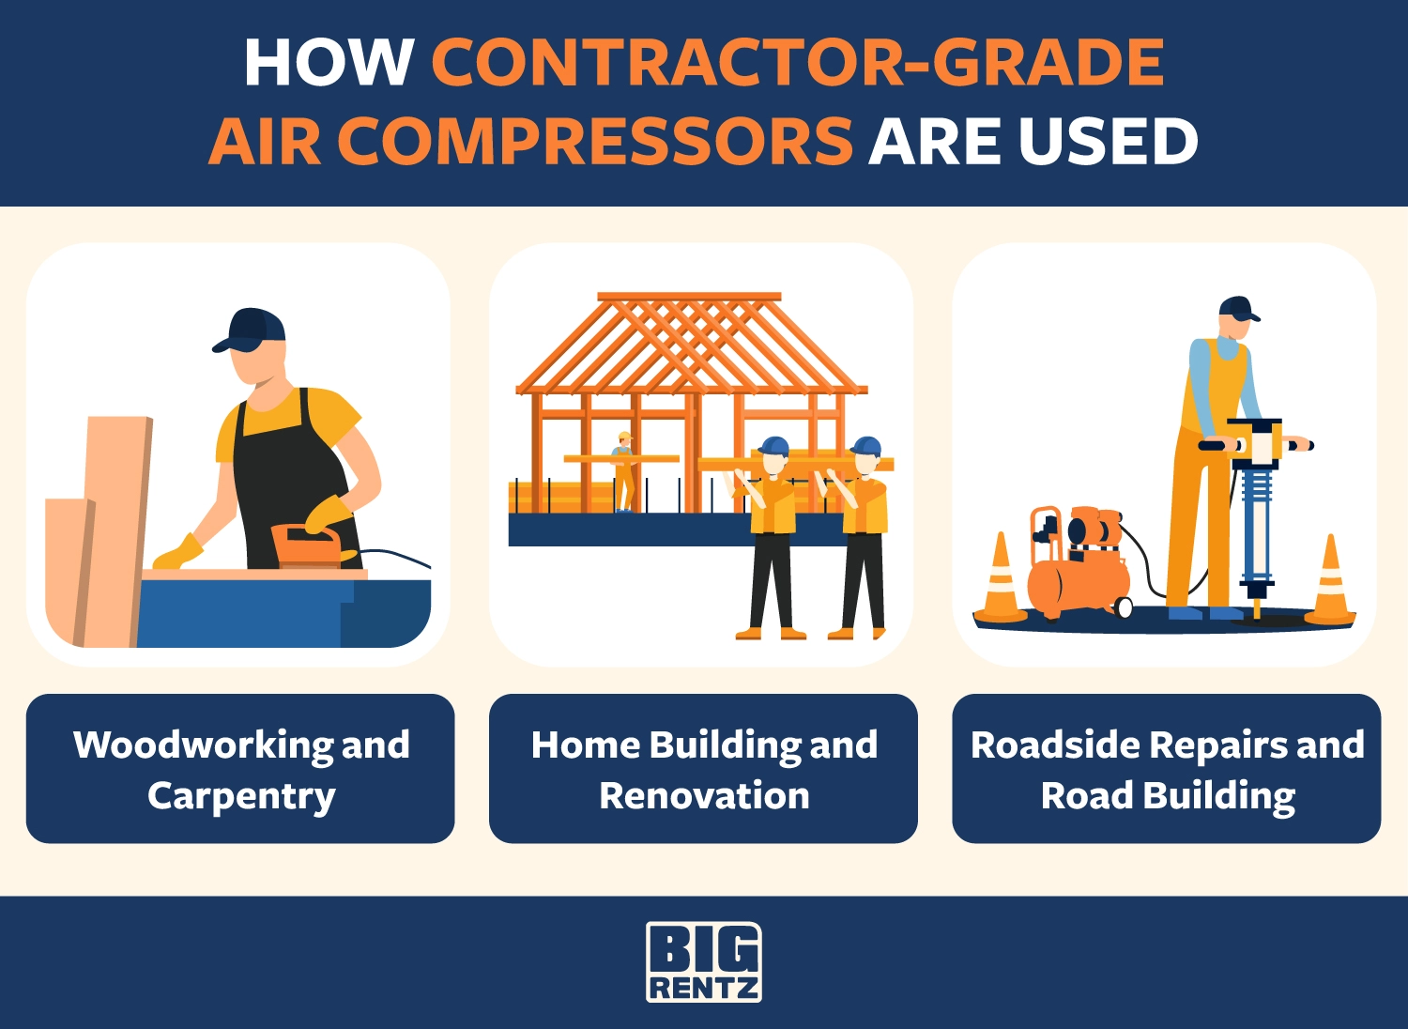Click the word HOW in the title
click(329, 62)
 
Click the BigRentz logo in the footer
click(703, 961)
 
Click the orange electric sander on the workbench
click(309, 545)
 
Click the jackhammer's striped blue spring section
click(1257, 497)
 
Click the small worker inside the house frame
click(624, 471)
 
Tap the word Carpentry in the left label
click(241, 796)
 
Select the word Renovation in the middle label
click(704, 796)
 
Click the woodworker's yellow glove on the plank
click(178, 553)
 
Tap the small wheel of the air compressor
click(1123, 607)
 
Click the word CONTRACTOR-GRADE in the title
click(798, 62)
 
